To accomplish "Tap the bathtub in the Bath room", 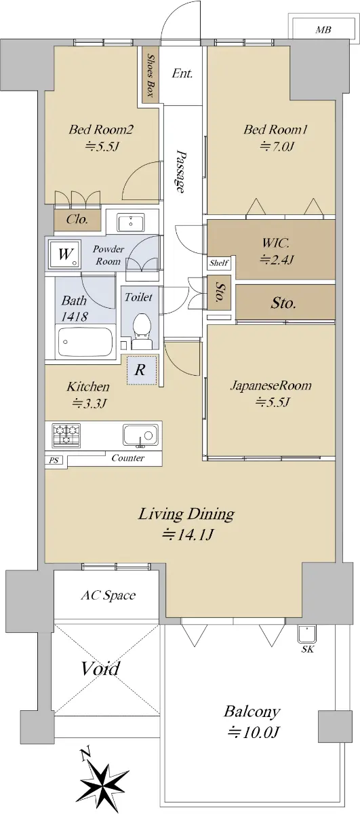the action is pos(85,342).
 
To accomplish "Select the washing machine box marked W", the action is pos(65,254).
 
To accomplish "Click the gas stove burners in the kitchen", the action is pos(66,435).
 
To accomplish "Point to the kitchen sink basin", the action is pos(140,435).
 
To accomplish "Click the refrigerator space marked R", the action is pos(142,370).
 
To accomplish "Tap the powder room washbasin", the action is pos(130,222).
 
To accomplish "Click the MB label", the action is pos(323,30).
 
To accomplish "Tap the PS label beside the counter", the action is pos(54,461).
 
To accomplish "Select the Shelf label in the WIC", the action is pos(219,263).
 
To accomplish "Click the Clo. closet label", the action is pos(77,219).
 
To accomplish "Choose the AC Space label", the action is pos(108,596).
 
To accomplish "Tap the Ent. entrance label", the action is pos(182,74).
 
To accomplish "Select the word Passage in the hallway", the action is pos(180,171).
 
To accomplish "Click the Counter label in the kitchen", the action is pos(128,458).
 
